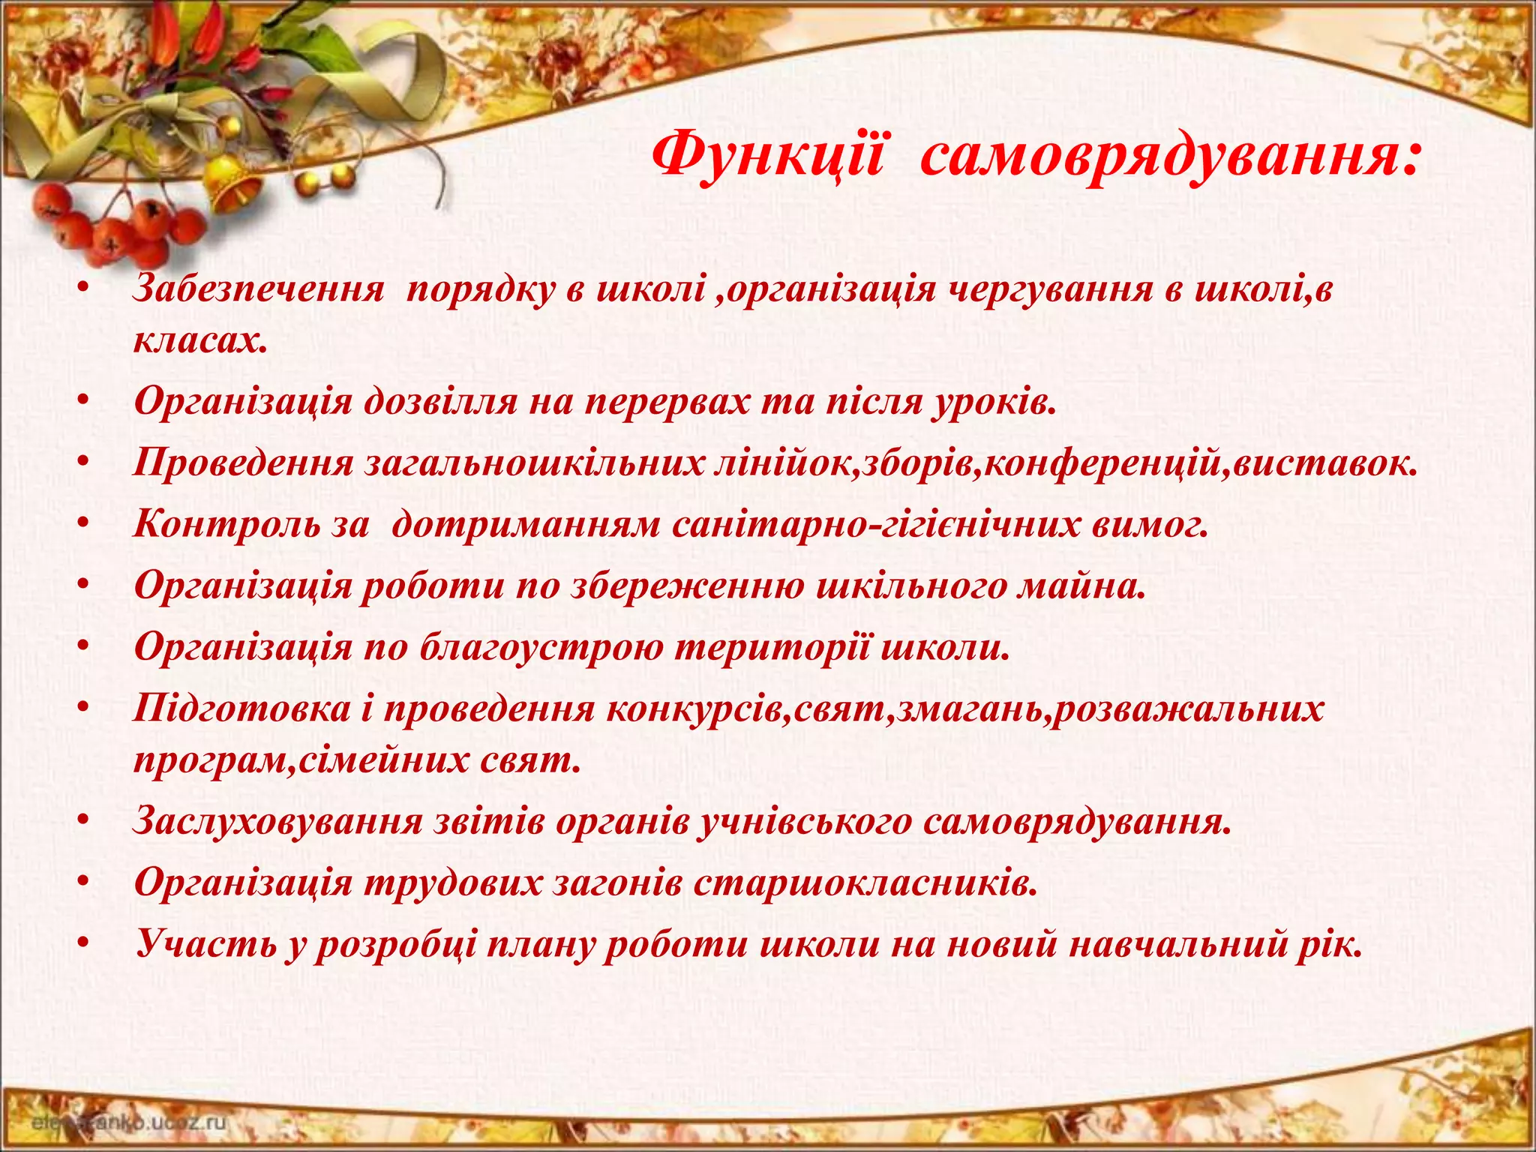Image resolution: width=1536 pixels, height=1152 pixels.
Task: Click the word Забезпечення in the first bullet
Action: click(258, 290)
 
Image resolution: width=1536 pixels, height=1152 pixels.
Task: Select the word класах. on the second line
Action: click(200, 341)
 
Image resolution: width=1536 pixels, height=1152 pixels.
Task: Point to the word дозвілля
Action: click(440, 403)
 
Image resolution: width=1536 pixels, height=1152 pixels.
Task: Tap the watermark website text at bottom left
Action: click(127, 1123)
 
